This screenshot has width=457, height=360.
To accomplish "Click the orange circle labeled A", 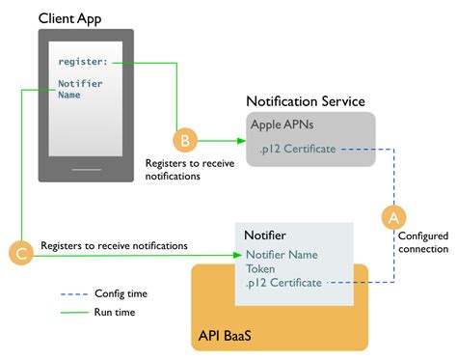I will tap(391, 217).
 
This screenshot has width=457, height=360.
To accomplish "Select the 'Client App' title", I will tap(70, 18).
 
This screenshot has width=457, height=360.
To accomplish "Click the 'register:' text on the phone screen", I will tap(83, 63).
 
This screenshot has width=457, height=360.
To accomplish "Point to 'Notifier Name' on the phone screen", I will tap(80, 90).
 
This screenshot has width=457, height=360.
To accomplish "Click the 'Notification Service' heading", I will tap(306, 101).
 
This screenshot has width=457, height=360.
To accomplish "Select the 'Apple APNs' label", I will tap(282, 125).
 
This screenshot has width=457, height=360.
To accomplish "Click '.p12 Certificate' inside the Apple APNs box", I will tap(297, 149).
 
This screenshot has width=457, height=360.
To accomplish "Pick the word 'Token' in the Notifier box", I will tap(260, 269).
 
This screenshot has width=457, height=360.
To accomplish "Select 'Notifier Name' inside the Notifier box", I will tap(282, 255).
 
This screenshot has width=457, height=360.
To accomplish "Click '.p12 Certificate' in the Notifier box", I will tap(283, 284).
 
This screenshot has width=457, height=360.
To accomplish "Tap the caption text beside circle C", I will tap(114, 246).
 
